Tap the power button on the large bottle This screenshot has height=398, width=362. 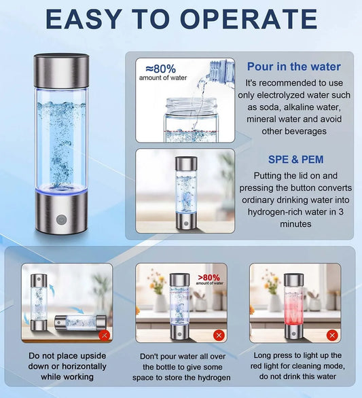pyautogui.click(x=61, y=219)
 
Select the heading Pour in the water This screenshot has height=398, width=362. pyautogui.click(x=293, y=67)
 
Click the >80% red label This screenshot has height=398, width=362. pyautogui.click(x=209, y=277)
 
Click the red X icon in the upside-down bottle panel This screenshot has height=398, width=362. pyautogui.click(x=104, y=336)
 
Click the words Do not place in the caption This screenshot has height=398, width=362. pyautogui.click(x=50, y=356)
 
